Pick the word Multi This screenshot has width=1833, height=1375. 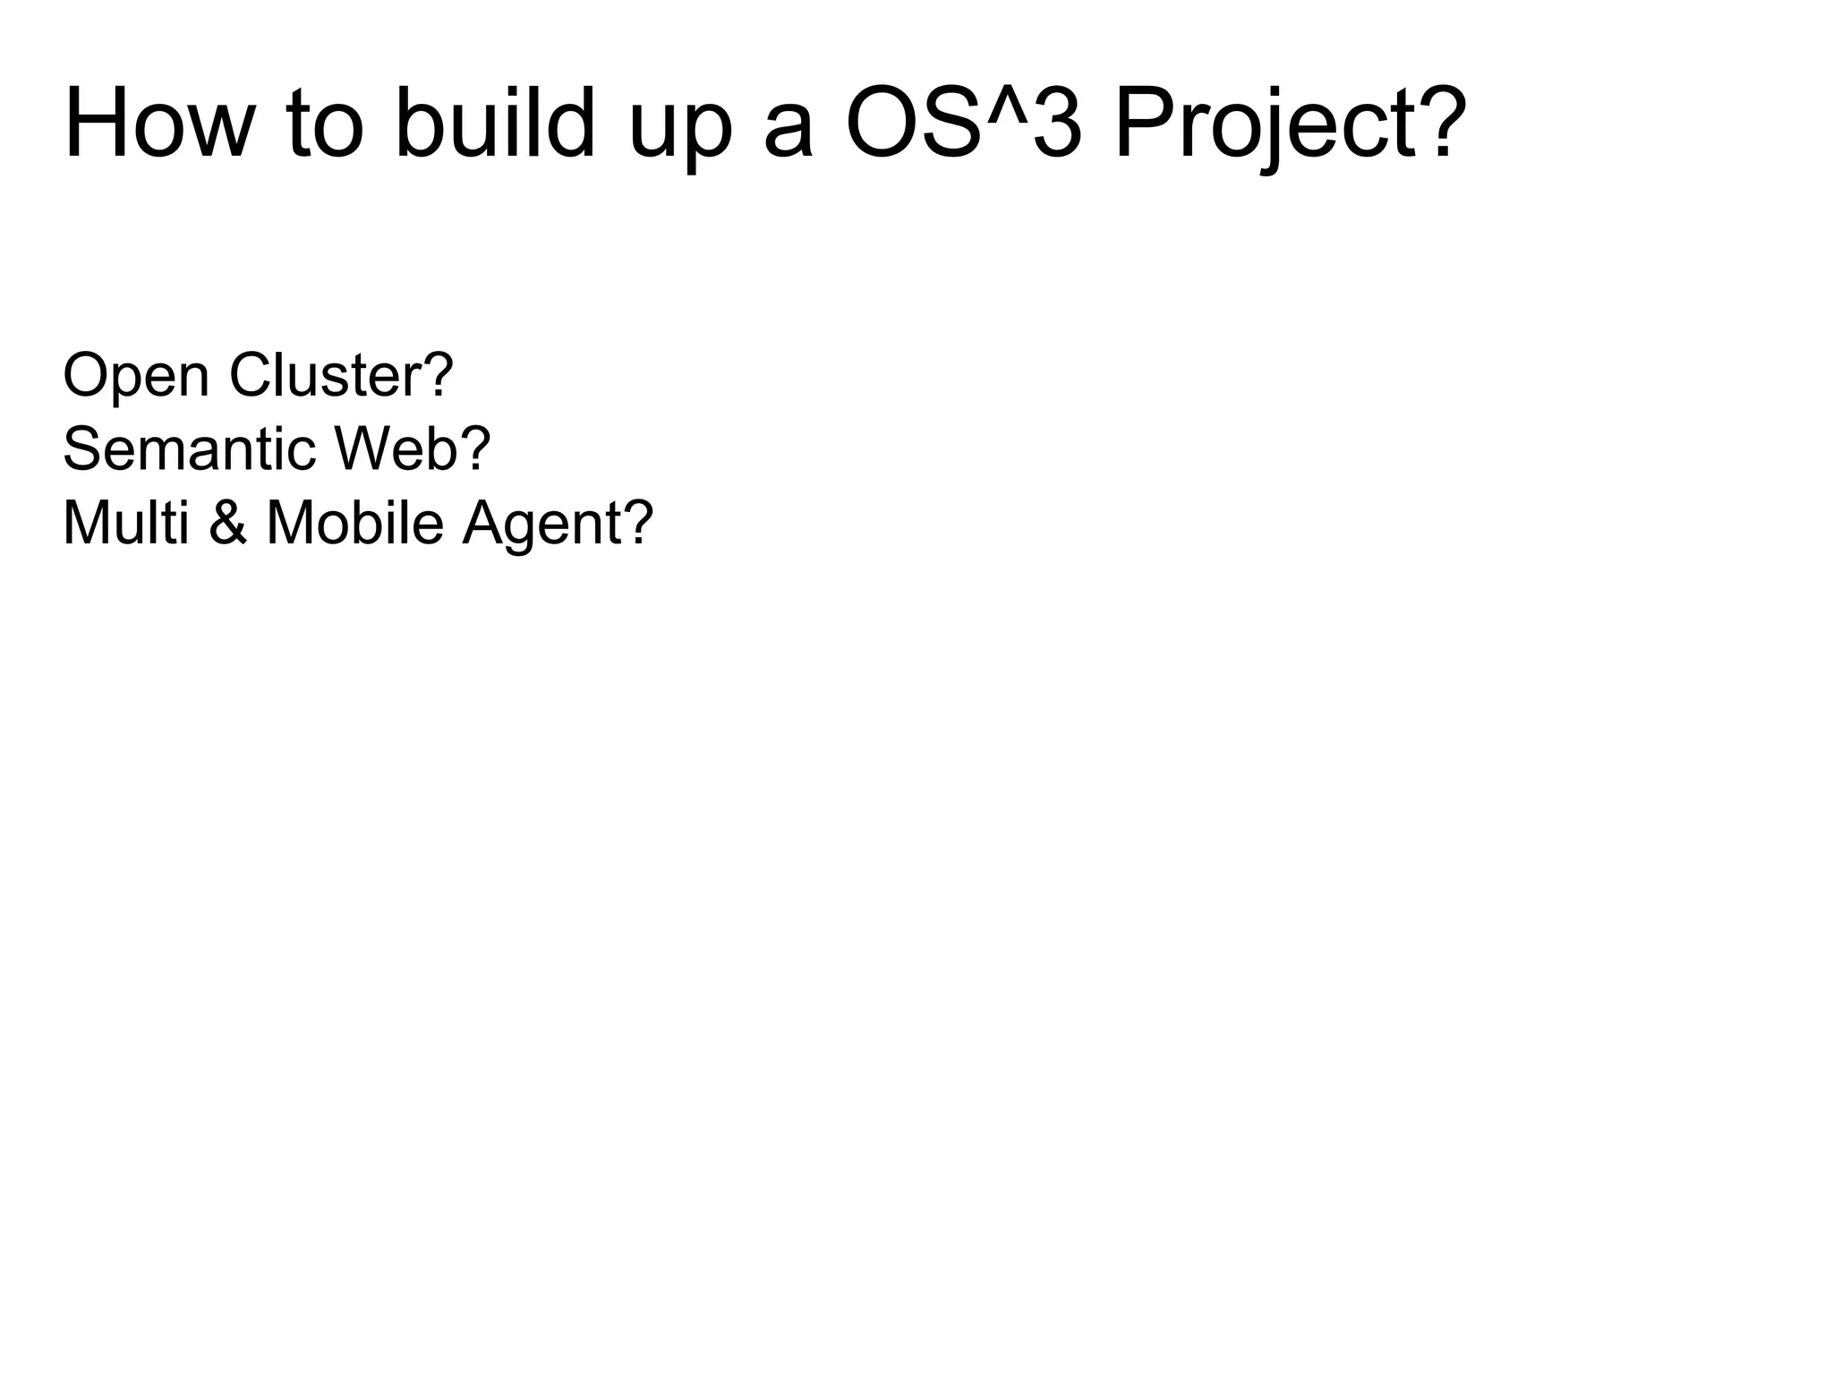(125, 523)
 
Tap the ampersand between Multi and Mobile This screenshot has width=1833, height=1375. (228, 523)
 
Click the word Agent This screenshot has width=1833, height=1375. (541, 525)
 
